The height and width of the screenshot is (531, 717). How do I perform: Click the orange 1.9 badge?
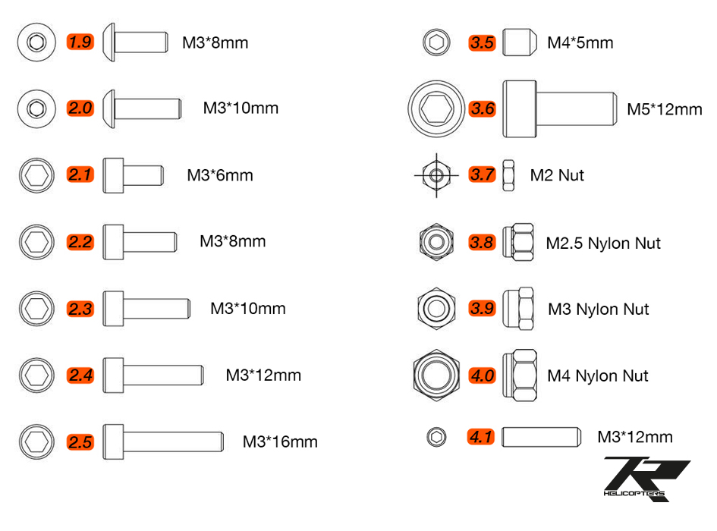tap(80, 42)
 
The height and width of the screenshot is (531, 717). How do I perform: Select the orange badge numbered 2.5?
tap(80, 441)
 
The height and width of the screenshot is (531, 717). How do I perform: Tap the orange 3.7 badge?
tap(482, 174)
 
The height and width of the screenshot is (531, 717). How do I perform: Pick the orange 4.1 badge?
tap(480, 437)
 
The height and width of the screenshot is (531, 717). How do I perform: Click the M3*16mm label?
tap(280, 441)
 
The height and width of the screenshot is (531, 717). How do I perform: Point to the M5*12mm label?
tap(665, 109)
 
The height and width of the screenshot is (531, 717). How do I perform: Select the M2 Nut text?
tap(557, 175)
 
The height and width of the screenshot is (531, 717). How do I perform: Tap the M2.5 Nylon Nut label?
tap(603, 244)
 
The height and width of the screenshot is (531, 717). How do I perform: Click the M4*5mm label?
tap(580, 42)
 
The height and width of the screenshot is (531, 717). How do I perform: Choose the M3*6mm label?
tap(220, 175)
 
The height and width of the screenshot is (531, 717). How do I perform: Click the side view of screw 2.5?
tap(163, 441)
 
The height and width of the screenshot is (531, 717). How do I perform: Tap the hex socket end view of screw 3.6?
tap(436, 108)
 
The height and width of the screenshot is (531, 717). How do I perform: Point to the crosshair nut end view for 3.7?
tap(436, 175)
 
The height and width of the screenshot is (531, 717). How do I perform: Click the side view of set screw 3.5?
tap(520, 42)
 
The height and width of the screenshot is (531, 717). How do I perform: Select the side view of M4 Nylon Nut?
tap(520, 375)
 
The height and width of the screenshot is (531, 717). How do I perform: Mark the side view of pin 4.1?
tap(542, 437)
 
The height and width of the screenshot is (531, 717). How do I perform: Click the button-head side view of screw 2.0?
tap(142, 108)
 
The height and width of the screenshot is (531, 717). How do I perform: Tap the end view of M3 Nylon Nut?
tap(436, 309)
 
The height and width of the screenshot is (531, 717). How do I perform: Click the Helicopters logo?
tap(646, 479)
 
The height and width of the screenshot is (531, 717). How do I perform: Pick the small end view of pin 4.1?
tap(437, 437)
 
